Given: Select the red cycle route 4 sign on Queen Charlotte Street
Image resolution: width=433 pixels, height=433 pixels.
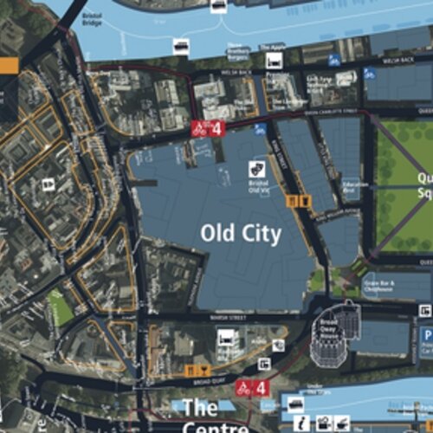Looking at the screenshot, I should coord(207,129).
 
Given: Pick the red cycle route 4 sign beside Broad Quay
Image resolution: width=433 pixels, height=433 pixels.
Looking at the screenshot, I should coord(254,388).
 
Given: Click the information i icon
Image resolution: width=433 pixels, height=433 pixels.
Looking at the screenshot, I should coord(301,423).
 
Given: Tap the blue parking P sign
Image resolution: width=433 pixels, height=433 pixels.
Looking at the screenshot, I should coord(426,333).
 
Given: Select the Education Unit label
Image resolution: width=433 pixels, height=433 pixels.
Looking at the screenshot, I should coord(355,186).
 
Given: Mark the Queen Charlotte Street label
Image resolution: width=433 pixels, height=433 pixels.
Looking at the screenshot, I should coord(332,112).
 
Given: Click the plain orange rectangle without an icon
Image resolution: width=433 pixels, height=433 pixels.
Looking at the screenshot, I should coord(8,64).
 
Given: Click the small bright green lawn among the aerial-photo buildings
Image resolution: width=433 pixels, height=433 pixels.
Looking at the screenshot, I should coord(60,307).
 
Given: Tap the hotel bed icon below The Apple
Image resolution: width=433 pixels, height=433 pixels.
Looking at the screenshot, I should coord(274,61).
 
